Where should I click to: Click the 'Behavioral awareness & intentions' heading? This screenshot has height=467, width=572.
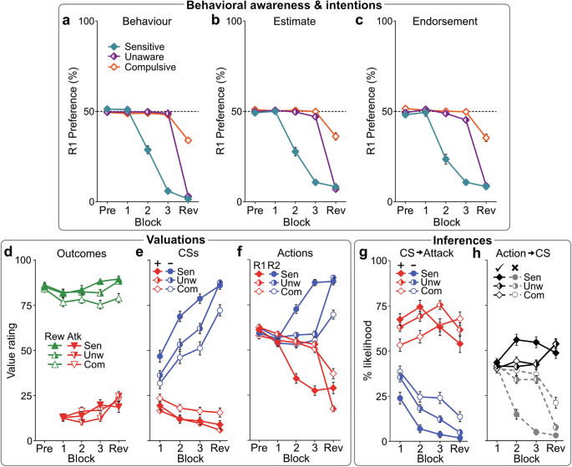(286, 6)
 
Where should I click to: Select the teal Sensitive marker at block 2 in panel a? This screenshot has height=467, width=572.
(148, 150)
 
